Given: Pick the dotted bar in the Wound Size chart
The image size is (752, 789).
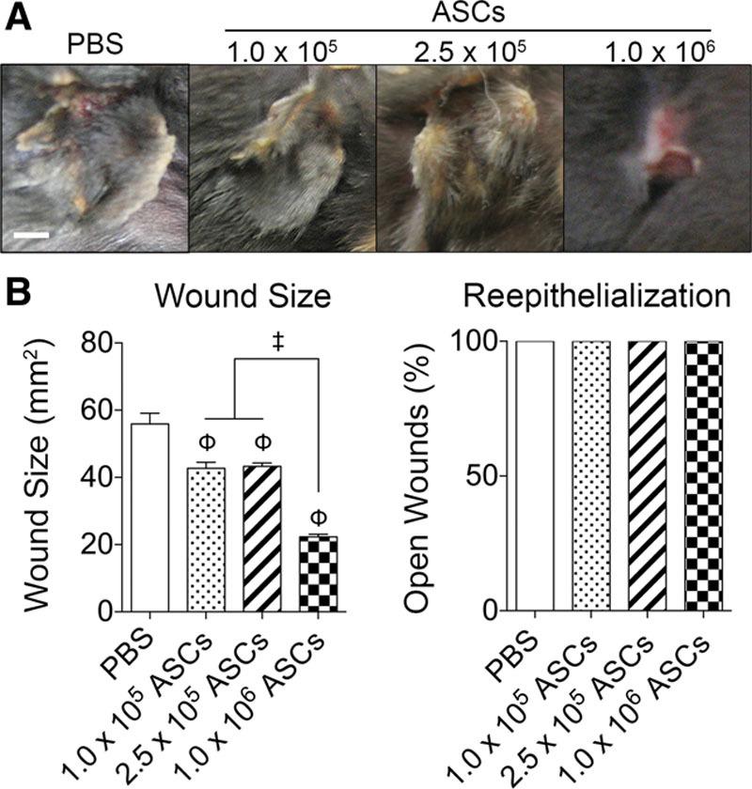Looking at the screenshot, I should pos(207,539).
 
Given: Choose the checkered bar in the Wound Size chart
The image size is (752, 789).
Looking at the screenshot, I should pos(319,573).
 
